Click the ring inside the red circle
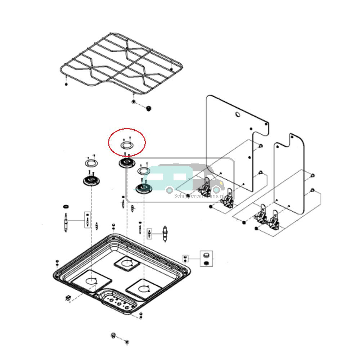click(x=126, y=145)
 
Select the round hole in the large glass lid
click(x=238, y=115)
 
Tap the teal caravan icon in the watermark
click(x=169, y=177)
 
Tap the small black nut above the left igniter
click(x=66, y=207)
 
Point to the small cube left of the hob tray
click(x=68, y=297)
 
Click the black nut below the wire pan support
click(x=148, y=108)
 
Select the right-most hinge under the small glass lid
click(x=274, y=220)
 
